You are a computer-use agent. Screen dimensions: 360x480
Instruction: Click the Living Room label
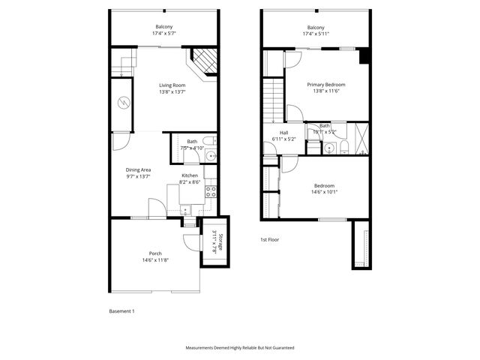pos(172,85)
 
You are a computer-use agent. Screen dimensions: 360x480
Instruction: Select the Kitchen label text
pos(190,175)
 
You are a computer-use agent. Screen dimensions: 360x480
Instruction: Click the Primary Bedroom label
pos(326,85)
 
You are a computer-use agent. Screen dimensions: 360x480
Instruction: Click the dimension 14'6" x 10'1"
pos(324,191)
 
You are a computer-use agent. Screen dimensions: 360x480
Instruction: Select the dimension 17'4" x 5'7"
pos(163,34)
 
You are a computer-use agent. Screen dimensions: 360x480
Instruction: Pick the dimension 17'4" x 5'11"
pos(316,34)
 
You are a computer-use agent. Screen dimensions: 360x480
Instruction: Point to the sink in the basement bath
pos(211,156)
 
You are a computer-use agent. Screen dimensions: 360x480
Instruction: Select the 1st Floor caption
pos(269,239)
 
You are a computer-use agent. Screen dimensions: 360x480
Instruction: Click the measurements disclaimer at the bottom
pos(240,348)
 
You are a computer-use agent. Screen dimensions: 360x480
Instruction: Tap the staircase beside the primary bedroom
pos(271,100)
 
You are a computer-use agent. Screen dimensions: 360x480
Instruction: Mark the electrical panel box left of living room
pos(122,103)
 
